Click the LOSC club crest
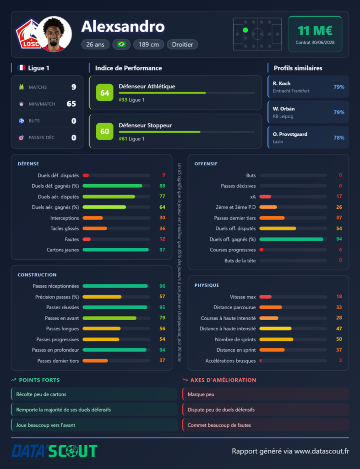(29, 34)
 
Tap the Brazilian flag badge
(121, 44)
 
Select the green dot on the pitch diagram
(245, 30)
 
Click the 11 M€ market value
(315, 31)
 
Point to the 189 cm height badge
(148, 44)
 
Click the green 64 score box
(104, 93)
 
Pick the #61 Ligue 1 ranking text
(131, 139)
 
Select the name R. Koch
(281, 83)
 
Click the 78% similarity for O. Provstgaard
(339, 137)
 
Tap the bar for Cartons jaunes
(116, 250)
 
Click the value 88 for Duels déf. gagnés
(162, 186)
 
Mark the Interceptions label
(65, 218)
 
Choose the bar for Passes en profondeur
(115, 350)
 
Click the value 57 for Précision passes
(162, 297)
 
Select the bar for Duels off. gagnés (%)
(291, 239)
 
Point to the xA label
(253, 196)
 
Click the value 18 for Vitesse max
(339, 296)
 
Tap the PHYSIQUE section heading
(207, 285)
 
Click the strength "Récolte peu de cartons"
(41, 394)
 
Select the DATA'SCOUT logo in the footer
(55, 451)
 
